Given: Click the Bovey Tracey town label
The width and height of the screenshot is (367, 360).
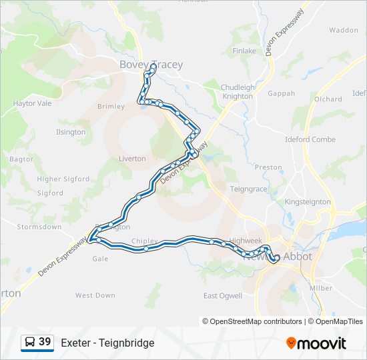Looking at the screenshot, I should pyautogui.click(x=151, y=65).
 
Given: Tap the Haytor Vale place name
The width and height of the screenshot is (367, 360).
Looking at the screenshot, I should pyautogui.click(x=32, y=103).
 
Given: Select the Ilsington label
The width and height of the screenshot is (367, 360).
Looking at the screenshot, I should pyautogui.click(x=71, y=132).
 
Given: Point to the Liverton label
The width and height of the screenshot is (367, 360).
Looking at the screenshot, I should pyautogui.click(x=132, y=159).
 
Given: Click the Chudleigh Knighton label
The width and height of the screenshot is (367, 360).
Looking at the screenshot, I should pyautogui.click(x=237, y=92).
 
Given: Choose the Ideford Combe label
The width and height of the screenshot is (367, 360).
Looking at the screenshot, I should pyautogui.click(x=310, y=139).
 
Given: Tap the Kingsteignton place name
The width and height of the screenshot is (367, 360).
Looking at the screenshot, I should pyautogui.click(x=308, y=201).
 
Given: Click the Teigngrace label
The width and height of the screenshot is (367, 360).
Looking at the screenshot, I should pyautogui.click(x=248, y=189).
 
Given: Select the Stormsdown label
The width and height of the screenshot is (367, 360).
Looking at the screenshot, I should pyautogui.click(x=39, y=227).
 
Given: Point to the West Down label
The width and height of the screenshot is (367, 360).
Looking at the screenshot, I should pyautogui.click(x=95, y=295).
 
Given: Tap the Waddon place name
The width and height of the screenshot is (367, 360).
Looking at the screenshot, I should pyautogui.click(x=344, y=30).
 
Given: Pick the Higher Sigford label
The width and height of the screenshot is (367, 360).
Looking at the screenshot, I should pyautogui.click(x=63, y=179).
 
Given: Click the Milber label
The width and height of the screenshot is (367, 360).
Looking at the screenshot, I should pyautogui.click(x=321, y=288).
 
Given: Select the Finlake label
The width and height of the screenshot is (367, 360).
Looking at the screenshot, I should pyautogui.click(x=244, y=51).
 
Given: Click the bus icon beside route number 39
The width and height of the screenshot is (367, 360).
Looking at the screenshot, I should pyautogui.click(x=29, y=343).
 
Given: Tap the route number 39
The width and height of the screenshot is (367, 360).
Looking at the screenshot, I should pyautogui.click(x=45, y=342).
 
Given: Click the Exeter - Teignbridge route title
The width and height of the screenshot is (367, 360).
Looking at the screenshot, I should pyautogui.click(x=107, y=343).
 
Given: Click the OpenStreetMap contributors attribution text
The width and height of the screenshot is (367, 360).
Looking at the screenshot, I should pyautogui.click(x=252, y=321).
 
